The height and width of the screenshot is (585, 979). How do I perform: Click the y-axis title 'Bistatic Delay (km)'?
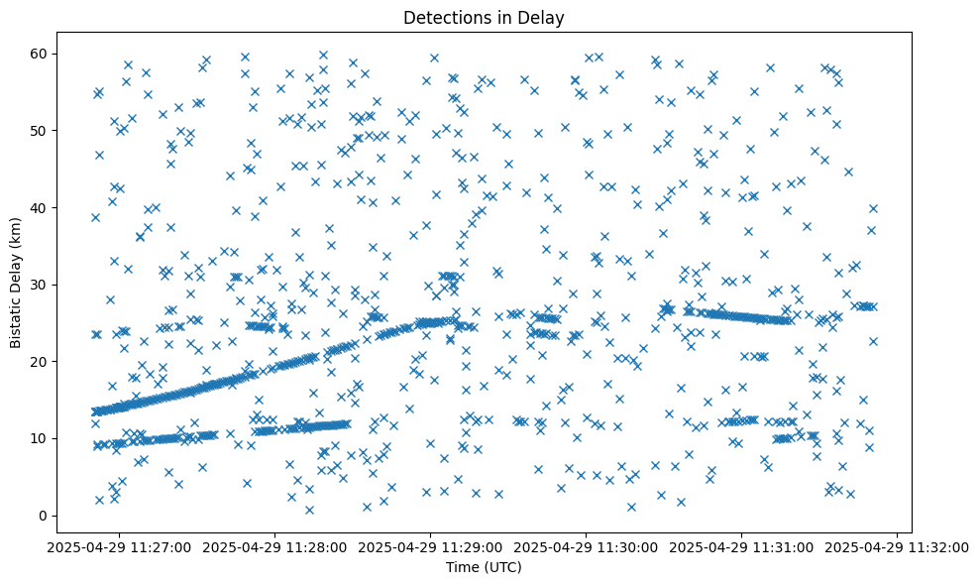tap(16, 283)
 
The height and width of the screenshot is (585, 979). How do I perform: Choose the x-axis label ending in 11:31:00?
tap(742, 546)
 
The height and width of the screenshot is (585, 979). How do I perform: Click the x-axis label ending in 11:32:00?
tap(898, 546)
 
